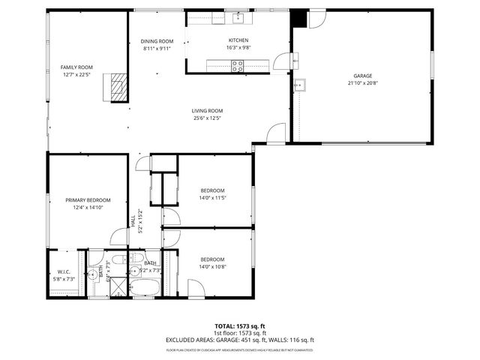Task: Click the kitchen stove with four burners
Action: [238, 66]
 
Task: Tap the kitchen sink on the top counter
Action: [235, 16]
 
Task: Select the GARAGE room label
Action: [362, 76]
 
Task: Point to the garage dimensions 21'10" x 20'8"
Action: [362, 83]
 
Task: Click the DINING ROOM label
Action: [157, 40]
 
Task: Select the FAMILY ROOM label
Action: [76, 67]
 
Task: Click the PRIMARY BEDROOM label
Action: [88, 199]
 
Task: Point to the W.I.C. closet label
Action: [64, 271]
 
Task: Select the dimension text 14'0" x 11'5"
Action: [213, 198]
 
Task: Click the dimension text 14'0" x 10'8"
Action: [213, 267]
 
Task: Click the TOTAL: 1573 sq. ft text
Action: [240, 327]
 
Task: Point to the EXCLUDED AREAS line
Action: [240, 339]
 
